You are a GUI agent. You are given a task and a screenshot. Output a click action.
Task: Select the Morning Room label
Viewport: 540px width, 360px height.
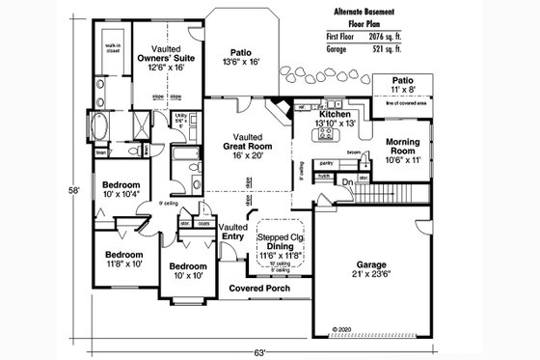click(402, 148)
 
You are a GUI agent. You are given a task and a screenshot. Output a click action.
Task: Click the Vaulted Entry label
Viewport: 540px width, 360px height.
click(234, 231)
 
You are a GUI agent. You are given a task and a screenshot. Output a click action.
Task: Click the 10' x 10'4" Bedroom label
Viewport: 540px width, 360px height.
click(122, 189)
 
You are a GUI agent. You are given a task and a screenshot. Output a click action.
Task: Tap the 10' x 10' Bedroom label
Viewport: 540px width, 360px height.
click(188, 270)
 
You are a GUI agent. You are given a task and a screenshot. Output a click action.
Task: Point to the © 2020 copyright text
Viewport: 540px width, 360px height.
click(343, 329)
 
